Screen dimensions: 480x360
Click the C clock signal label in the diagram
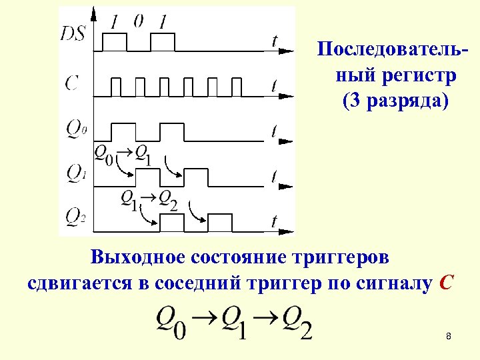click(x=72, y=83)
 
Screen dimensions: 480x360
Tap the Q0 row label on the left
click(x=76, y=127)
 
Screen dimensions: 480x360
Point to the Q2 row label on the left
click(x=75, y=216)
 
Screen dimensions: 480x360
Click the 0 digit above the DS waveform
click(x=138, y=21)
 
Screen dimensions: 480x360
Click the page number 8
click(x=449, y=337)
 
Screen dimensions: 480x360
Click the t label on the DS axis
click(x=274, y=41)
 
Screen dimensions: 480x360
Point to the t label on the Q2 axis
click(x=274, y=221)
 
